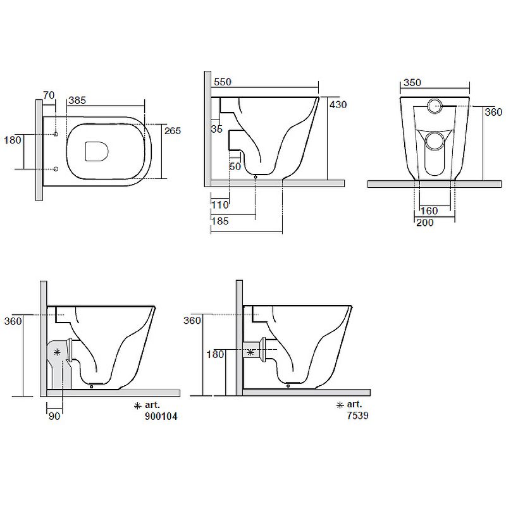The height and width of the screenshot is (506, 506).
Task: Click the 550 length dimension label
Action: click(x=223, y=82)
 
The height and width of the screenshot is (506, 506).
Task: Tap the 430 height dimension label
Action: click(x=338, y=104)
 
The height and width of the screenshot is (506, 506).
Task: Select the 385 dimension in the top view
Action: click(x=77, y=101)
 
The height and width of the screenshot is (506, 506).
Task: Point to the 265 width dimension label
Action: click(x=173, y=131)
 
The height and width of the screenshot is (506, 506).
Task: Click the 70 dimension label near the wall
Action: click(x=49, y=96)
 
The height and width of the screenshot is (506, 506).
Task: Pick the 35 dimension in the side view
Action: click(x=217, y=129)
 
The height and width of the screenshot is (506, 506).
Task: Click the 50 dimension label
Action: click(x=235, y=166)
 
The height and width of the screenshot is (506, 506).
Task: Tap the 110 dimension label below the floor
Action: click(x=220, y=204)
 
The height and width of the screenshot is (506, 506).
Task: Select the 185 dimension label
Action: click(x=220, y=221)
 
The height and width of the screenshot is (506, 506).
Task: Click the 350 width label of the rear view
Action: click(x=412, y=83)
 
